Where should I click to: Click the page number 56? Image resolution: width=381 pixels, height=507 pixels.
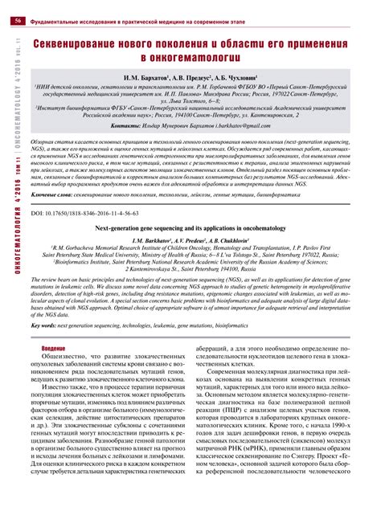pyautogui.click(x=17, y=9)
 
